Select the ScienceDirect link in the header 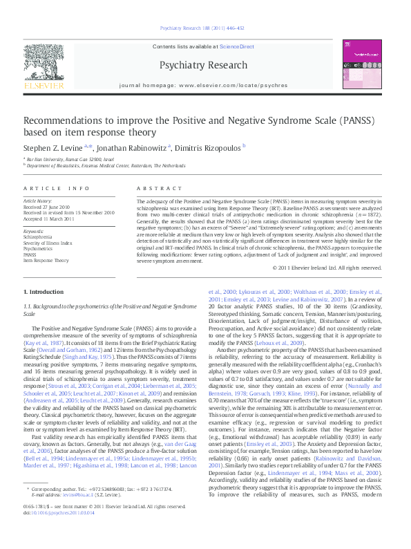coord(237,46)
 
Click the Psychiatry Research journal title coord(203,66)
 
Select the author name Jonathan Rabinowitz coord(131,147)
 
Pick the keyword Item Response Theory coord(46,261)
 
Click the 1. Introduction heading coord(44,292)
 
